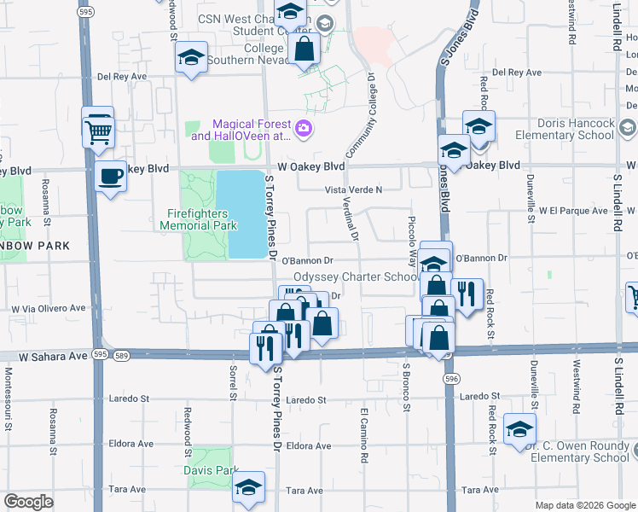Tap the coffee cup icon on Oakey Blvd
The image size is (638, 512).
109,177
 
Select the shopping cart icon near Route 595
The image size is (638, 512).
99,132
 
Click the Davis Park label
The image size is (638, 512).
210,470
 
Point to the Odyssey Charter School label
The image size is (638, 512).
356,277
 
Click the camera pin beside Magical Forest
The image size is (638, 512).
304,130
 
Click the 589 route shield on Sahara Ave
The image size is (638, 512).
121,354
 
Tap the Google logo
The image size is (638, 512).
29,502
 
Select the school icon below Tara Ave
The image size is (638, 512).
248,488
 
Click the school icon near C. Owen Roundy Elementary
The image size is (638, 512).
519,431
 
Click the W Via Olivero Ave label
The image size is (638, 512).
49,308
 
